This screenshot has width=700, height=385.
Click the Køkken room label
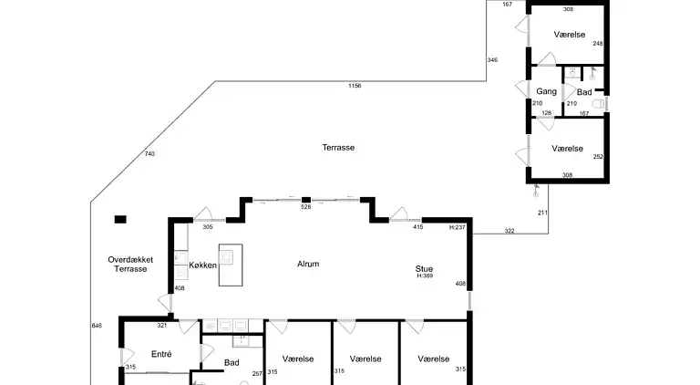click(202, 265)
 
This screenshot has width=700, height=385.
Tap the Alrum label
click(308, 265)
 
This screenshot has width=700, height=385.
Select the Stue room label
click(424, 268)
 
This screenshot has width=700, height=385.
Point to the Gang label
click(546, 92)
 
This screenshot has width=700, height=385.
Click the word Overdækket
click(130, 259)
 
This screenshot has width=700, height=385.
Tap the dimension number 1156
click(355, 86)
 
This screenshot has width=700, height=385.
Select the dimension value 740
click(149, 154)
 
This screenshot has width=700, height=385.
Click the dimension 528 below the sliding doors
click(306, 208)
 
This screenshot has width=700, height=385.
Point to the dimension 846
click(97, 326)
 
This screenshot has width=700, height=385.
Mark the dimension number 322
click(510, 231)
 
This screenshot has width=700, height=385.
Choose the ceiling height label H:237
click(458, 227)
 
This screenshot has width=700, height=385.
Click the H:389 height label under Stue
click(424, 277)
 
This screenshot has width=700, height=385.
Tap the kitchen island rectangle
click(232, 265)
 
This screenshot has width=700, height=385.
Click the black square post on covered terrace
click(119, 219)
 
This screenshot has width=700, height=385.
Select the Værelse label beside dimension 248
click(568, 35)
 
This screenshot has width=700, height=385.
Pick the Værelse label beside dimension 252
click(567, 148)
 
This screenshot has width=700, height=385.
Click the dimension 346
click(492, 60)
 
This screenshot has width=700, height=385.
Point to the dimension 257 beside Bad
click(257, 372)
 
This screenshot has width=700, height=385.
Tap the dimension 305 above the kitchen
click(208, 227)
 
